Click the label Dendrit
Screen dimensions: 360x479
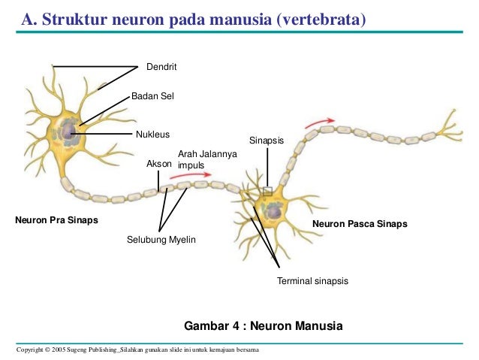pos(161,68)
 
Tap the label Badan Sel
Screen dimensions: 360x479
pos(152,96)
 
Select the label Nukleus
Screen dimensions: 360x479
pos(152,135)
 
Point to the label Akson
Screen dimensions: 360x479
pos(159,162)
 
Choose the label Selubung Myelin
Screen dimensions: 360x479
pos(161,240)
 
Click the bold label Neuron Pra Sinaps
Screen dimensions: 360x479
pos(56,221)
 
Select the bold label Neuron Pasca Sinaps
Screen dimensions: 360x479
pos(360,224)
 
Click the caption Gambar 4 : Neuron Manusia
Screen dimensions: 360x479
pos(263,326)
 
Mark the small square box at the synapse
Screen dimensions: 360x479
pos(267,191)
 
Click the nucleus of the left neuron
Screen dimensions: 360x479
pos(68,133)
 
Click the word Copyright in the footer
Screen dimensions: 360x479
pos(31,350)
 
